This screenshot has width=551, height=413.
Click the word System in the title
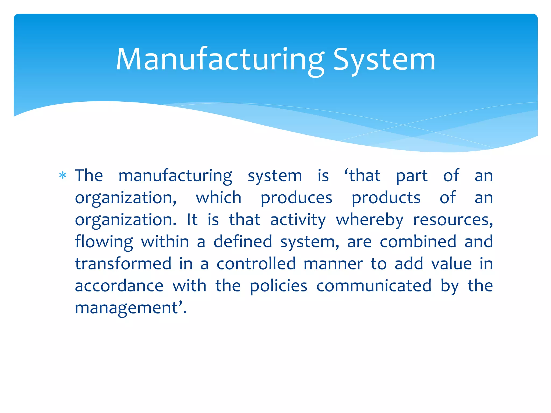pos(384,60)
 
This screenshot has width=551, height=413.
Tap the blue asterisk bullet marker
pos(63,176)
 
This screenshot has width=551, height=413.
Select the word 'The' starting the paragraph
pos(89,176)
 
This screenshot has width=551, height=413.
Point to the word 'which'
pos(218,198)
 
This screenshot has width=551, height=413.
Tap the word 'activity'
pos(298,220)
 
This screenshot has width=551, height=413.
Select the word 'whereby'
pos(370,220)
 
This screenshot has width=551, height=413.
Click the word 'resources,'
pos(453,220)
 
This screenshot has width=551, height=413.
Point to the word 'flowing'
pos(104,242)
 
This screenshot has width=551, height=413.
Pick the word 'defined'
pos(243,241)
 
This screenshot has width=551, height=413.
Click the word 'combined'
pos(418,241)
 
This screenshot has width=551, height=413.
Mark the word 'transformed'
pos(123,264)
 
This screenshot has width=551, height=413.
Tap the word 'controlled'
pos(256,264)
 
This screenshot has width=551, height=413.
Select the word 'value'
pos(451,264)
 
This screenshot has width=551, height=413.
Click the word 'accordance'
pos(119,286)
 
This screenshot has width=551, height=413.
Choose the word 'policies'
pos(278,286)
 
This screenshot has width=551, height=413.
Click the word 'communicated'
pos(374,286)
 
